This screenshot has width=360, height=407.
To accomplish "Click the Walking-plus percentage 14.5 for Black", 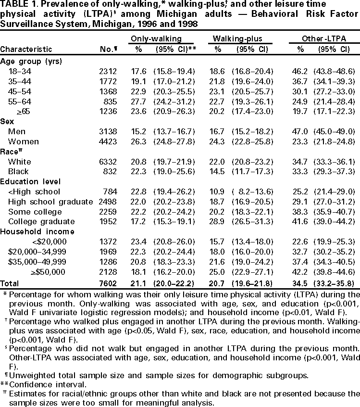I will tap(218, 171).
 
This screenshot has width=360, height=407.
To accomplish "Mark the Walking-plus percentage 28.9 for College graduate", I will tap(218, 221).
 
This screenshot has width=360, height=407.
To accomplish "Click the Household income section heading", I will tap(33, 231).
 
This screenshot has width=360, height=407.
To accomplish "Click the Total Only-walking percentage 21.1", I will tap(135, 282).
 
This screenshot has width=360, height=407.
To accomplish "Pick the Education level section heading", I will tap(30, 181).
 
